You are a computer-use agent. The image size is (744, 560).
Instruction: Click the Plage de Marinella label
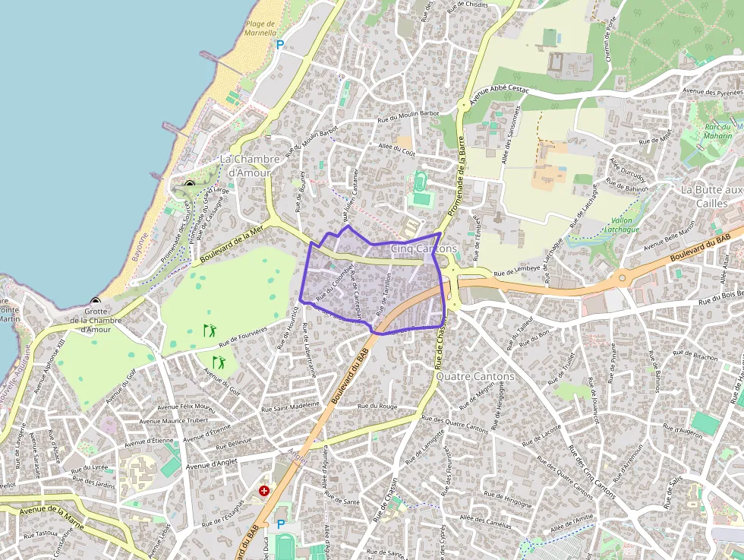tap(259, 29)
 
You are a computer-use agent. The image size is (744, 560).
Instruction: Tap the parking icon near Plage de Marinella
tap(279, 46)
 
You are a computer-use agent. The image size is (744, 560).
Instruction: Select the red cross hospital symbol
tap(264, 492)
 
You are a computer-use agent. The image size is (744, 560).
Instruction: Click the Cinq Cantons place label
tap(424, 248)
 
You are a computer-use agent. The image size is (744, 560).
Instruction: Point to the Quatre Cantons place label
tap(476, 376)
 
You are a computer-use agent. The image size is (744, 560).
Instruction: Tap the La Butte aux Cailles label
tap(711, 196)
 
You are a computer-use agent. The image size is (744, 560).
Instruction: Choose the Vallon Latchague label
tap(625, 225)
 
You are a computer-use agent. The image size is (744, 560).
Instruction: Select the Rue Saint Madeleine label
tap(290, 407)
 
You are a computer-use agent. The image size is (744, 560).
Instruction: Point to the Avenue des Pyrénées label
tap(711, 90)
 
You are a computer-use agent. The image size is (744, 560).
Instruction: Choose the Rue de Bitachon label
tap(694, 356)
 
